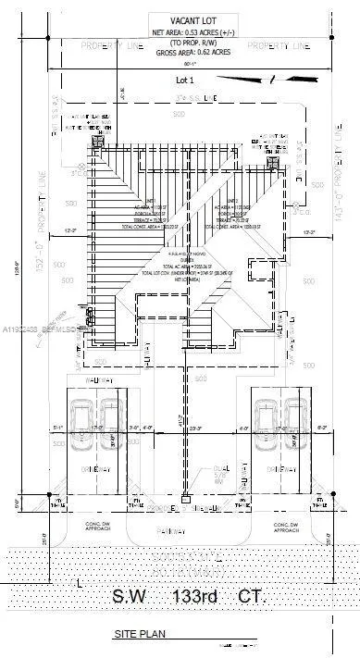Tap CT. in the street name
pos(248,597)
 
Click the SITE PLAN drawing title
pos(138,637)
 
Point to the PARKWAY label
pos(185,531)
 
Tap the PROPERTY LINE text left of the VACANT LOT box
pos(108,44)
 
